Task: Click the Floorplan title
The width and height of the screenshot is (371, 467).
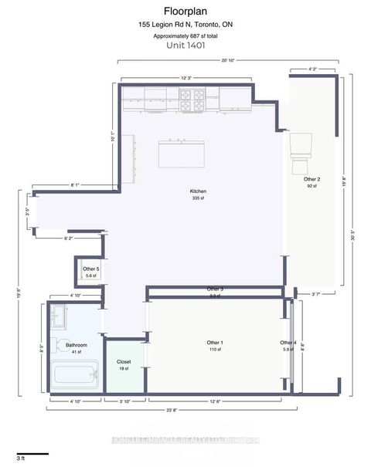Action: (185, 12)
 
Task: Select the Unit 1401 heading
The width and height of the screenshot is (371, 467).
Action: (185, 45)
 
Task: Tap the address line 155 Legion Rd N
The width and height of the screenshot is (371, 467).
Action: (185, 25)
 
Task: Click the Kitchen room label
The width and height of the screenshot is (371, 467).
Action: (198, 191)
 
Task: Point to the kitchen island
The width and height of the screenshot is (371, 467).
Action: (182, 154)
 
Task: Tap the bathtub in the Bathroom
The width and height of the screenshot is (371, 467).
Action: (76, 376)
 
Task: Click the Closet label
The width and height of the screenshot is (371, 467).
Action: (124, 361)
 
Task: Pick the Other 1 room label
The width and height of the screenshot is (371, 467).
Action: (215, 342)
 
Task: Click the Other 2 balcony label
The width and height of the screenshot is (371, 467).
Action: (312, 179)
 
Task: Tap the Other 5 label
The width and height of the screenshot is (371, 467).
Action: (92, 269)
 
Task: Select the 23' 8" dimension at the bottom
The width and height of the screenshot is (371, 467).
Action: (182, 409)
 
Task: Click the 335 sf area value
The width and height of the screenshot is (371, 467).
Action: (198, 198)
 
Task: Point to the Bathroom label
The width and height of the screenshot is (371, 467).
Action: (76, 345)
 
